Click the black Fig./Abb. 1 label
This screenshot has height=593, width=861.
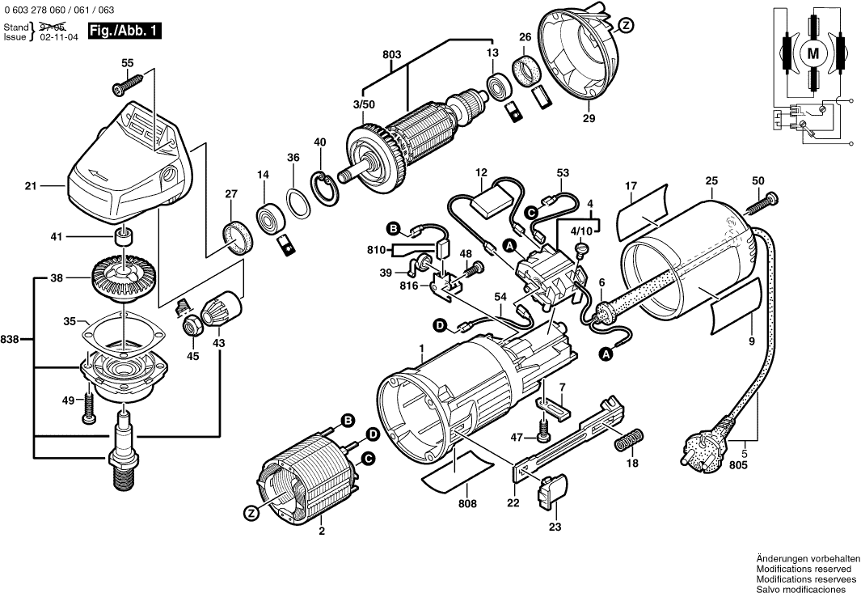(x=124, y=32)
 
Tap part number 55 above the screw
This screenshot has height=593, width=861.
(x=127, y=63)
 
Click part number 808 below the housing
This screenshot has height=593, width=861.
(x=467, y=503)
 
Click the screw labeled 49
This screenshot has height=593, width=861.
(x=89, y=409)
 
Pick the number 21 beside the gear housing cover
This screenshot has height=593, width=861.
(x=31, y=186)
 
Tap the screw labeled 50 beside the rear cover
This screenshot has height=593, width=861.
(x=766, y=198)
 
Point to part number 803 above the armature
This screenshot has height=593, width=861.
(x=391, y=56)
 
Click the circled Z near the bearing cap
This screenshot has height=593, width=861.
(x=625, y=26)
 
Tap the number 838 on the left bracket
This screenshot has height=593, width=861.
(x=15, y=339)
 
